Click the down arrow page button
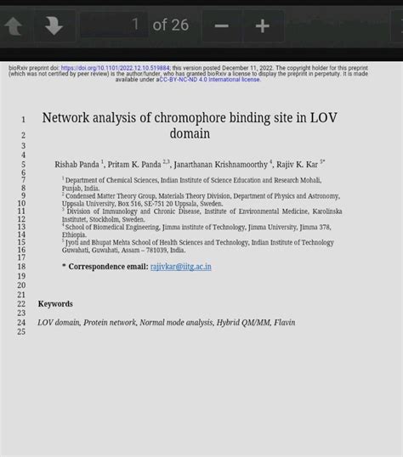(x=54, y=26)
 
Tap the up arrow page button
(x=14, y=26)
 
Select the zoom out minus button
(x=222, y=26)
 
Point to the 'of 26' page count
(x=170, y=25)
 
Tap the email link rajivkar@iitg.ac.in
(x=180, y=267)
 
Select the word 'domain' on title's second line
(x=190, y=134)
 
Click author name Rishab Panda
(x=77, y=164)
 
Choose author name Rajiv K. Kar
(x=297, y=164)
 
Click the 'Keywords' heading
(x=55, y=304)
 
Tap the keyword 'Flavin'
(x=284, y=323)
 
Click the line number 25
(x=21, y=331)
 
